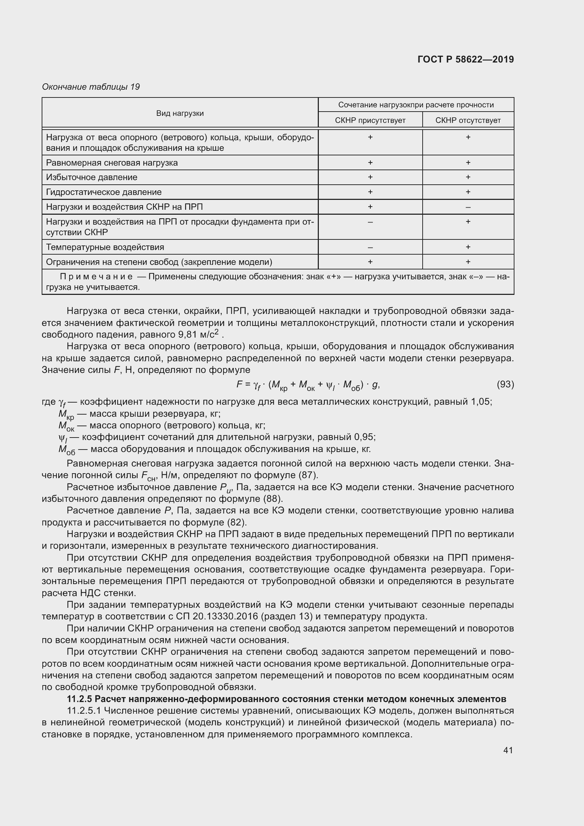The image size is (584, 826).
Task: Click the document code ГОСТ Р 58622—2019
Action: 465,59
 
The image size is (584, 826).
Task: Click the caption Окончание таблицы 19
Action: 91,87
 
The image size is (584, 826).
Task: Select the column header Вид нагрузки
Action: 180,113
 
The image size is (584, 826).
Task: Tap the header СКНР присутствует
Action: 370,120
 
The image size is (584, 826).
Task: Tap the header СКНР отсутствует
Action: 468,120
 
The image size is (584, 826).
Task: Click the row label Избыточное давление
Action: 92,177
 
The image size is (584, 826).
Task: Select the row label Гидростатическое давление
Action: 104,192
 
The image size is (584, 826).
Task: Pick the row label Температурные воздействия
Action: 105,247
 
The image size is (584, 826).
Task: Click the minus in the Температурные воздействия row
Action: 370,248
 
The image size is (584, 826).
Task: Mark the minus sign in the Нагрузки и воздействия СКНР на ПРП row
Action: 468,207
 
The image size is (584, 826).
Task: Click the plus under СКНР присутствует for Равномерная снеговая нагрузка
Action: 370,162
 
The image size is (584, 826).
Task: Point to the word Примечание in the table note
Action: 96,277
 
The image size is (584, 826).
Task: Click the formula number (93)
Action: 505,384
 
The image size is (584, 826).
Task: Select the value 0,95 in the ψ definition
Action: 364,437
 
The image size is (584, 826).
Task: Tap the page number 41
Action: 508,750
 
